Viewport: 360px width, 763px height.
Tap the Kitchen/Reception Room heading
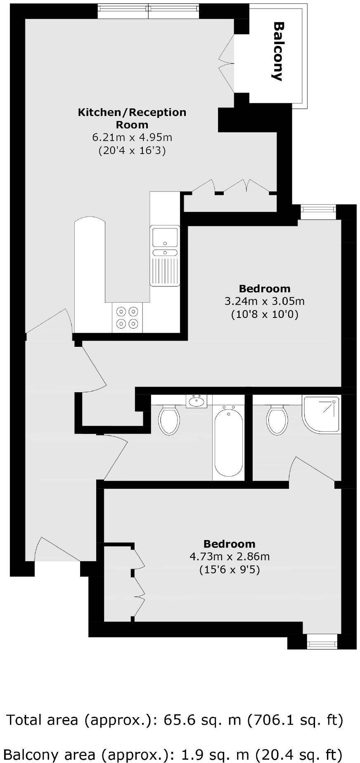coord(132,118)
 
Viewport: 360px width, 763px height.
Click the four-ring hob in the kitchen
coord(127,318)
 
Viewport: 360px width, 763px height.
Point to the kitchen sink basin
coord(165,237)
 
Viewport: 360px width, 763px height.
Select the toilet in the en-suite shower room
coord(277,420)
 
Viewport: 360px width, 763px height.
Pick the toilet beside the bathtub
coord(169,420)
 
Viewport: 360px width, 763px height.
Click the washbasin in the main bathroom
coord(197,401)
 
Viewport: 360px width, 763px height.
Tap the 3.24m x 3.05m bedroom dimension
coord(264,301)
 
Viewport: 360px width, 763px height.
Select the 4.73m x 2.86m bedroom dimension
coord(230,557)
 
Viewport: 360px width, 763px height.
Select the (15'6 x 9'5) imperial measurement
coord(230,570)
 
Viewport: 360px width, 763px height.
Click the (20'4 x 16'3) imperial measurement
coord(132,150)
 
